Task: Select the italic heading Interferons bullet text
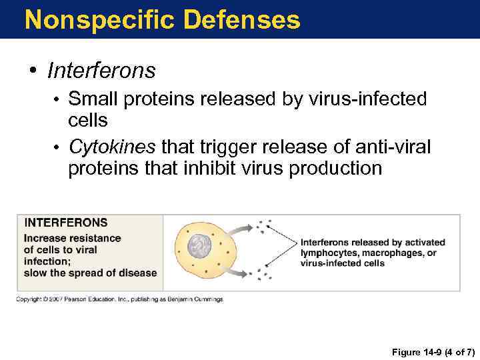101,70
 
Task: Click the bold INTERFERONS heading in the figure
65,223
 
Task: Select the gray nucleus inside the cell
197,247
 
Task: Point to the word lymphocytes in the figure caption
332,253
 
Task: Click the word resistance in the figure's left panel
93,238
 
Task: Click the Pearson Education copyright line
119,299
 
